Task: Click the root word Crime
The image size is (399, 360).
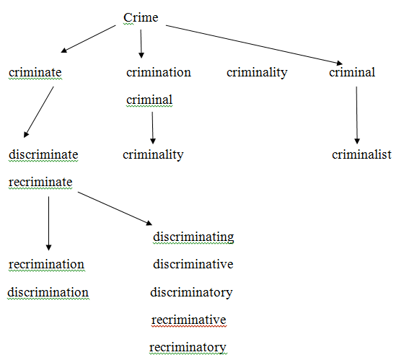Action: point(141,17)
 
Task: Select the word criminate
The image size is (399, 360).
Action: point(35,73)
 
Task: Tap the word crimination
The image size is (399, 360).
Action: point(159,73)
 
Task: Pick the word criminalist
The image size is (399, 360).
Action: point(361,154)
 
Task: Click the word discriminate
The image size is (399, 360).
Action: point(43,154)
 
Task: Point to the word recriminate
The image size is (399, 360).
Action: point(40,182)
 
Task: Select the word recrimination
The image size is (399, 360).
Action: point(46,264)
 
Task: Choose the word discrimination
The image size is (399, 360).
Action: point(48,292)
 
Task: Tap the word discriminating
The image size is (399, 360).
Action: point(193,237)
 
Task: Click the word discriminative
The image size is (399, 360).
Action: point(193,264)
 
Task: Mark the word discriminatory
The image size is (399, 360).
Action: point(191,293)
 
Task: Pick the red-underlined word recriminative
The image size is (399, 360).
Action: point(188,320)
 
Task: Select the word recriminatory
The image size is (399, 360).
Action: point(188,348)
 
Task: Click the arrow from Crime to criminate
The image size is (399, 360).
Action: point(88,39)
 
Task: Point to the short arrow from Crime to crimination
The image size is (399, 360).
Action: point(141,44)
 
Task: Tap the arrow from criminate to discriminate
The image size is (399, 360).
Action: point(39,112)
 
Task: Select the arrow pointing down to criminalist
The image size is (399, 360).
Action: point(356,115)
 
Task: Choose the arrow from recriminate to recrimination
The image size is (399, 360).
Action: point(48,224)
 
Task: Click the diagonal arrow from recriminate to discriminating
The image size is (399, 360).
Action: point(115,208)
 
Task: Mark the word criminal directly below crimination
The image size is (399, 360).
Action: point(149,100)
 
